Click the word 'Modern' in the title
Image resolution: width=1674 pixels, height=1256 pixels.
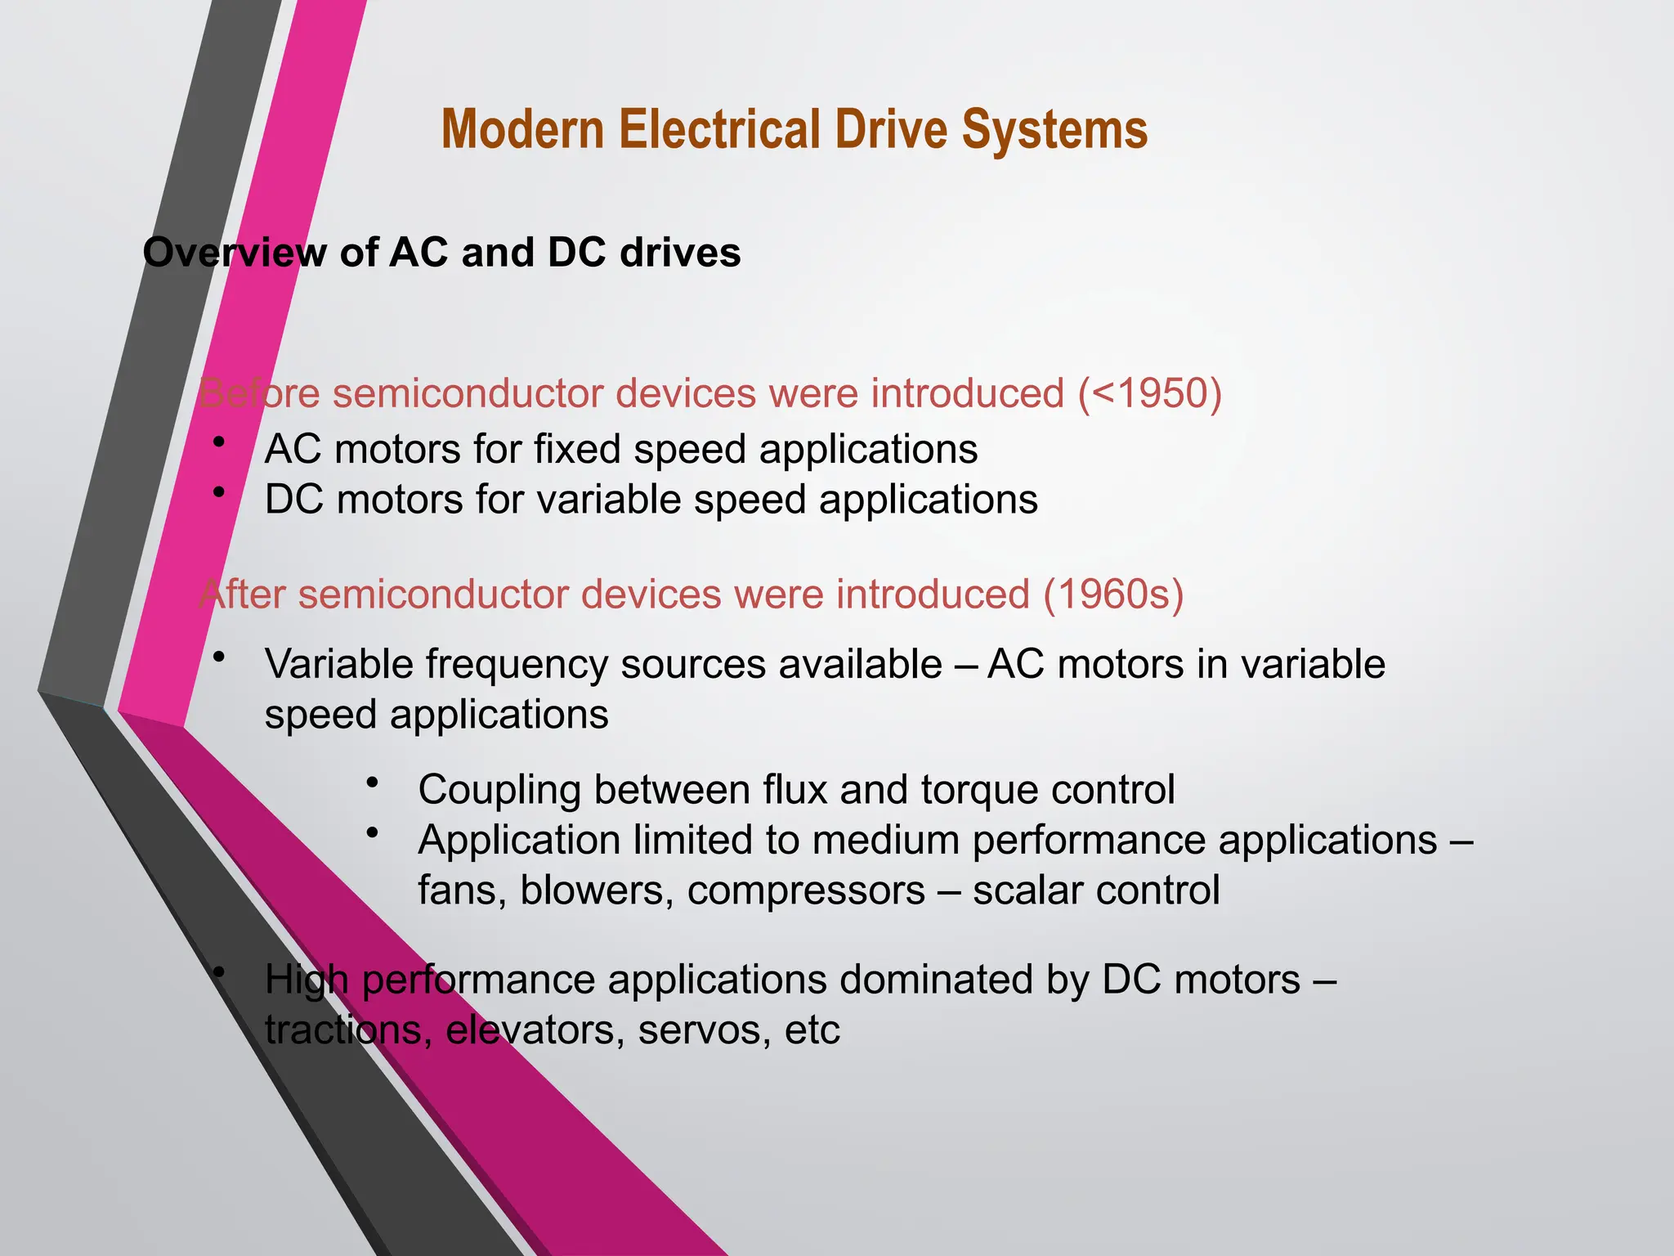click(523, 131)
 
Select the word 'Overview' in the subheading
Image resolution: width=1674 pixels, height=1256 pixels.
click(234, 253)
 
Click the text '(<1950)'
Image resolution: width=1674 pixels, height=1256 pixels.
click(1149, 393)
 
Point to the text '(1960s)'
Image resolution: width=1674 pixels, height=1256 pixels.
click(1113, 594)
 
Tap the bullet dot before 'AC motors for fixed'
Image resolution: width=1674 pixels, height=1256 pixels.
click(218, 442)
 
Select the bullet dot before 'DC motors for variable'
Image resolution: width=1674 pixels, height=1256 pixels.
click(218, 492)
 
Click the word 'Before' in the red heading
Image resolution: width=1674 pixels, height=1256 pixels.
click(259, 393)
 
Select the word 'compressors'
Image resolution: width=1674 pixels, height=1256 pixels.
click(806, 890)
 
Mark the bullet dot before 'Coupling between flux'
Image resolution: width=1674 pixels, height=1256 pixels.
click(373, 783)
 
